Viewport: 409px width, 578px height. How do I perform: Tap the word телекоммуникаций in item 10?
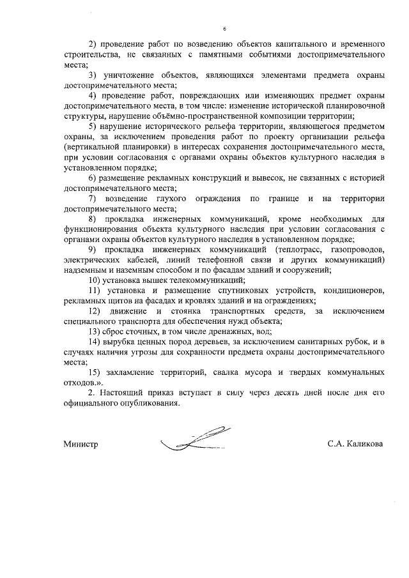207,280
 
